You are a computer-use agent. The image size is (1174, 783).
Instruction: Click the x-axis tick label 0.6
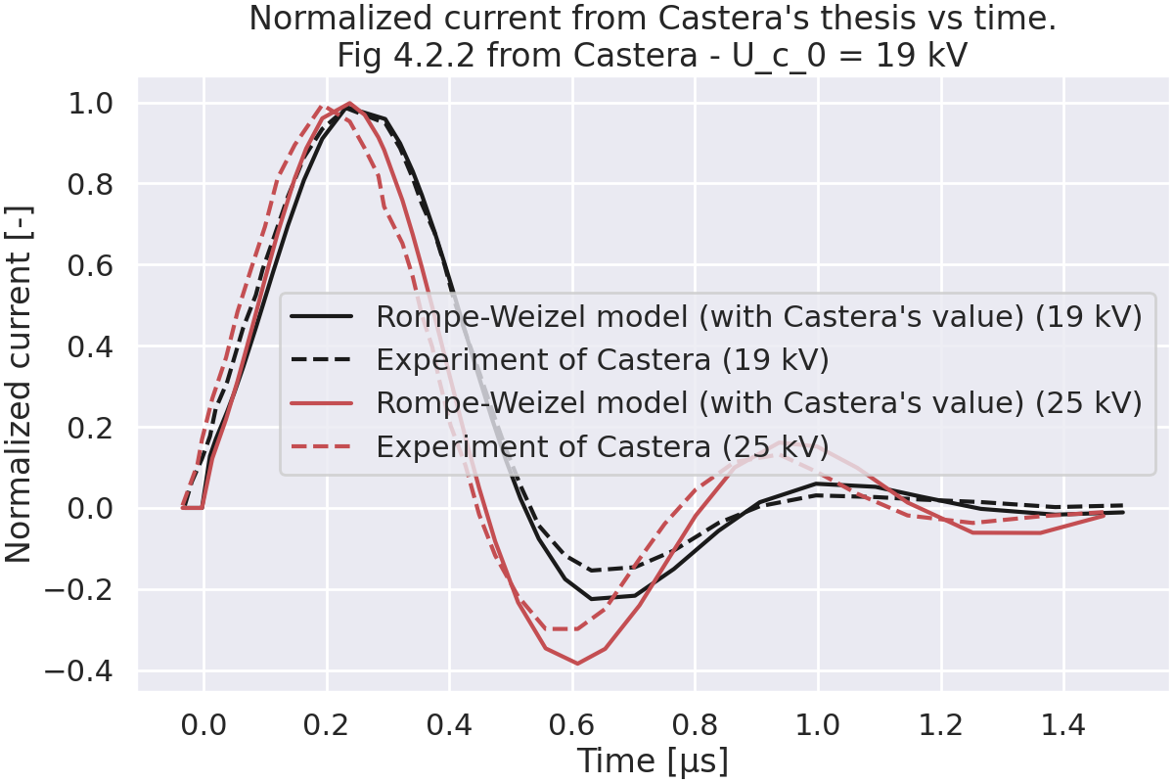572,726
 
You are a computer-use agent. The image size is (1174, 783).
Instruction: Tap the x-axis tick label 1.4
1063,726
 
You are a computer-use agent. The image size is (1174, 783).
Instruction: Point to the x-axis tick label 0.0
203,726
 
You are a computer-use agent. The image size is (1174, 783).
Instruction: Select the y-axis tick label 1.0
93,103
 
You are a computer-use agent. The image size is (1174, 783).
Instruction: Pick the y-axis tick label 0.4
93,346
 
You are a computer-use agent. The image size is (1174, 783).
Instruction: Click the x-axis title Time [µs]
653,760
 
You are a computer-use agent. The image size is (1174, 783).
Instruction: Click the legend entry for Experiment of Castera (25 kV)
603,446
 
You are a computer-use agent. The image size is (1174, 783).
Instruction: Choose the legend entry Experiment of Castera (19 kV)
603,359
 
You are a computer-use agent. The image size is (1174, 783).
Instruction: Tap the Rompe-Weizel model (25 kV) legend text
758,403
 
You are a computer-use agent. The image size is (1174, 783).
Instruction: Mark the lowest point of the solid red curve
577,664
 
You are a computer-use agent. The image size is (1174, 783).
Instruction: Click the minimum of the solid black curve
592,599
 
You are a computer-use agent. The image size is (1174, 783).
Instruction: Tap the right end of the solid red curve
1104,515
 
